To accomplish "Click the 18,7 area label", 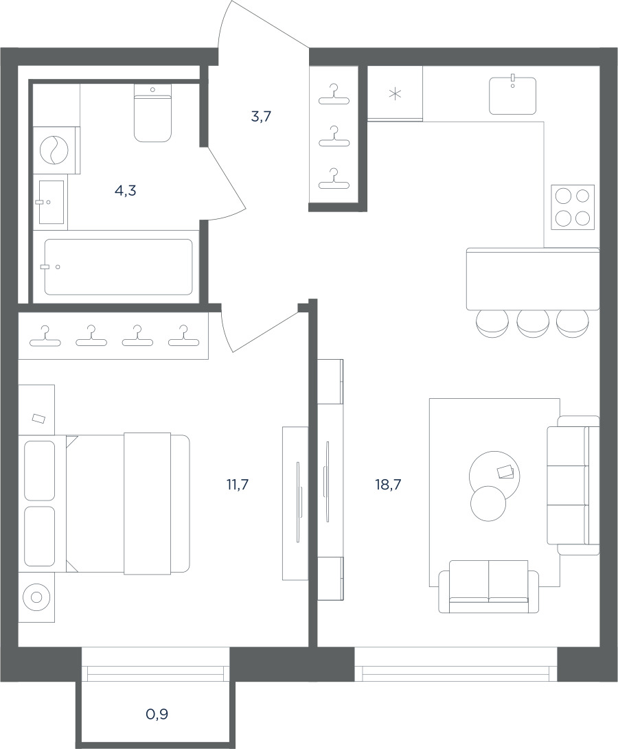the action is [388, 485].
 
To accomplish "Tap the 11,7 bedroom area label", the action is [238, 485].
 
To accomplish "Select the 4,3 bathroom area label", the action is [125, 191].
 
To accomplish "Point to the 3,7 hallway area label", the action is [261, 116].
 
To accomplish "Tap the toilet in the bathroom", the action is [152, 113].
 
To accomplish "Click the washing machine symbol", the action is [54, 150].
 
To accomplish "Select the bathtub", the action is [119, 266].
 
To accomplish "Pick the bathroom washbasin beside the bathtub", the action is [50, 202].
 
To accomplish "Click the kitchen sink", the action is [512, 95].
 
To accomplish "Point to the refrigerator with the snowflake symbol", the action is [395, 93].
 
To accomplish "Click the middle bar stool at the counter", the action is [532, 323].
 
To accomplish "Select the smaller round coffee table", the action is [488, 503].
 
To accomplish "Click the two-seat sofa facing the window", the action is [489, 586].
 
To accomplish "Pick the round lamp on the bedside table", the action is [36, 597].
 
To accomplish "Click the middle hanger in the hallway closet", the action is [334, 137].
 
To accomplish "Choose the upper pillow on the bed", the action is [39, 470].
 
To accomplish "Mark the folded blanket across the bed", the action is [147, 503].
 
